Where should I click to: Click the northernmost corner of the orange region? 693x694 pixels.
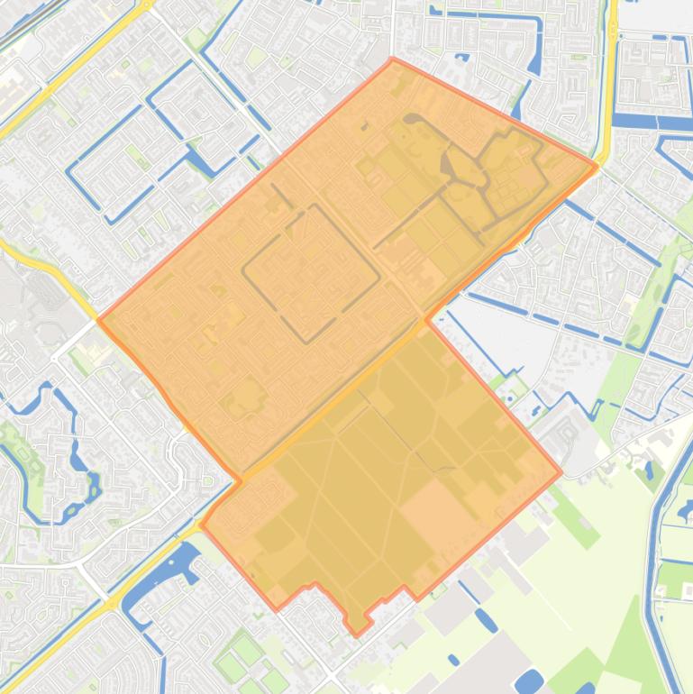(x=392, y=59)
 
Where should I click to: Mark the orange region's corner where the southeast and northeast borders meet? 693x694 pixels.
(x=561, y=470)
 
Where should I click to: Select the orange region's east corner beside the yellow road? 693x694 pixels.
(x=597, y=165)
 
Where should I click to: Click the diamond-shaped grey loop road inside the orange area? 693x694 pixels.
(x=311, y=271)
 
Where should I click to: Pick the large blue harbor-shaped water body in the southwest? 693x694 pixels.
(x=162, y=577)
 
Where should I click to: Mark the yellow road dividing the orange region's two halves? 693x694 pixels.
(x=360, y=379)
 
